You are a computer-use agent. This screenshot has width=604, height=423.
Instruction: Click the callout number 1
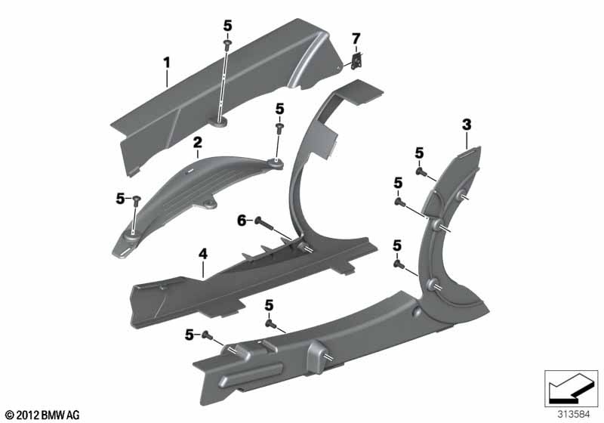(167, 63)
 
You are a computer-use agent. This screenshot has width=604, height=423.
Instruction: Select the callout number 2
(197, 143)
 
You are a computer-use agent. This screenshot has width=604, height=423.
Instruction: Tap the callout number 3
(467, 125)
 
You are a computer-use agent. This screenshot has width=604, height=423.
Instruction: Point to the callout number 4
(203, 254)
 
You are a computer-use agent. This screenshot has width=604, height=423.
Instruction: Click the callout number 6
(242, 221)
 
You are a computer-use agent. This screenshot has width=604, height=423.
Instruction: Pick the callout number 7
(356, 39)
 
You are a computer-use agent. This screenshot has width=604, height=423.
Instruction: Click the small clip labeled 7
(358, 61)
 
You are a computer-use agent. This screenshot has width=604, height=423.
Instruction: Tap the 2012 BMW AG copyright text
(43, 415)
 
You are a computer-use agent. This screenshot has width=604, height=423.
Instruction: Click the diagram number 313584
(574, 415)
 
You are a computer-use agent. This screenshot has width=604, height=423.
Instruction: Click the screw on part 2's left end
(137, 200)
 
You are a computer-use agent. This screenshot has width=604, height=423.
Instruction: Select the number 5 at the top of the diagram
(228, 26)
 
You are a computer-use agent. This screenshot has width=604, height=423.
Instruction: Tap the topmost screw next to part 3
(421, 171)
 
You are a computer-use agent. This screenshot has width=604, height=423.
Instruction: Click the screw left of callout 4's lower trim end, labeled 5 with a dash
(207, 335)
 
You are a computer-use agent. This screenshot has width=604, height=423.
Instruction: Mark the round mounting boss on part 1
(220, 122)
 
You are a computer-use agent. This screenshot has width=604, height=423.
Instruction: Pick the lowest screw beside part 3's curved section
(399, 264)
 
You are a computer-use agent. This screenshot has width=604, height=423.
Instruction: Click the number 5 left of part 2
(120, 199)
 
